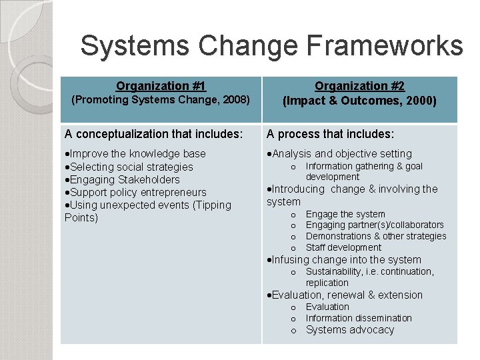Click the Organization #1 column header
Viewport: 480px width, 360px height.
tap(161, 86)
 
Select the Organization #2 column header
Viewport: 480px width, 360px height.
tap(359, 86)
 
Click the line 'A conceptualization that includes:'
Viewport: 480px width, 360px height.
tap(153, 134)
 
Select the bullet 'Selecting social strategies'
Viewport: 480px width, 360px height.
tap(131, 167)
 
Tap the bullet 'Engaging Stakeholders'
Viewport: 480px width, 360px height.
tap(125, 179)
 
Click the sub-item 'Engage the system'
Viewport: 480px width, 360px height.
tap(345, 214)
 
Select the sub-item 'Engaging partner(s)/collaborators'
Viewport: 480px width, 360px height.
tap(375, 225)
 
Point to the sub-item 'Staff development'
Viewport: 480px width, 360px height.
tap(344, 247)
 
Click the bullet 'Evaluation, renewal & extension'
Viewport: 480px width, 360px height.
tap(347, 295)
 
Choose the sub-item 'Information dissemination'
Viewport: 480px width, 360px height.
tap(359, 318)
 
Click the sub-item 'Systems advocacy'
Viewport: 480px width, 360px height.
tap(350, 330)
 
